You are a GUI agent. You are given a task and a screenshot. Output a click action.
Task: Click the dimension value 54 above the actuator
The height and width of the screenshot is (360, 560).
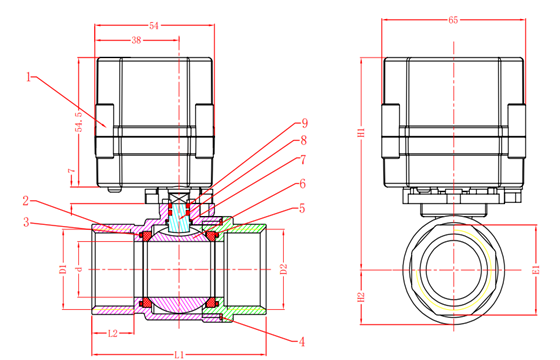click(154, 26)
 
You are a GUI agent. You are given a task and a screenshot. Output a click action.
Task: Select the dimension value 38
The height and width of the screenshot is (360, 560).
click(136, 40)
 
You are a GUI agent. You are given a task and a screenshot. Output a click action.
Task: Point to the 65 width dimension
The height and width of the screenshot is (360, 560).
click(453, 20)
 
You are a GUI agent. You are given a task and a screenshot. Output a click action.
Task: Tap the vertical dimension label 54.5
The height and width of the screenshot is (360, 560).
click(79, 122)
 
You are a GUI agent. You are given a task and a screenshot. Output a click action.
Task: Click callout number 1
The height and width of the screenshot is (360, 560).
click(29, 76)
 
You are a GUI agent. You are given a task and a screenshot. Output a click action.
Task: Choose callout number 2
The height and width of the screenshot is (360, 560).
click(26, 201)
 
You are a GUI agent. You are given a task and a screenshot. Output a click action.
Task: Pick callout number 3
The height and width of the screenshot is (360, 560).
click(26, 222)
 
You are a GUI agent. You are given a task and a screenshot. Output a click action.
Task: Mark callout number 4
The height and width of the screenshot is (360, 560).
click(302, 342)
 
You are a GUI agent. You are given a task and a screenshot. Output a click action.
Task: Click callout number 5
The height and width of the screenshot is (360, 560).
click(302, 208)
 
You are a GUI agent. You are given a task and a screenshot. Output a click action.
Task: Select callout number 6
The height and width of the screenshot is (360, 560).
click(302, 184)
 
